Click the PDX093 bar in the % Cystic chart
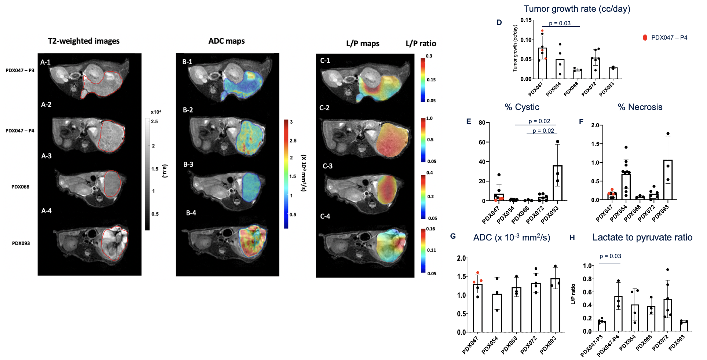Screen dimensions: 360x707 [557, 183]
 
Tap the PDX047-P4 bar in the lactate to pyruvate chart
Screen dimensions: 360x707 [618, 314]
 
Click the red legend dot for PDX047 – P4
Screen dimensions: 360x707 [645, 37]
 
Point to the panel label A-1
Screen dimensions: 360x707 [45, 62]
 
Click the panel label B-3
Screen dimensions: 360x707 [188, 165]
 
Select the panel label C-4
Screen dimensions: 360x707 [325, 216]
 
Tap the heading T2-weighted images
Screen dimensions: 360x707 [84, 41]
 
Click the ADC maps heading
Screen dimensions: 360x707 [226, 41]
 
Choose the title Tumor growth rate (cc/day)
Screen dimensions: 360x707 [577, 9]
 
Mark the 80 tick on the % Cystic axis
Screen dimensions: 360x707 [482, 123]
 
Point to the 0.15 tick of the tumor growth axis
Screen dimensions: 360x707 [526, 20]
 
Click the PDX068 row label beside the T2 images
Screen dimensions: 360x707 [20, 187]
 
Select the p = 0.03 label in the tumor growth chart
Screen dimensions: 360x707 [560, 23]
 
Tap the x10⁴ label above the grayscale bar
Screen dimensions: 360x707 [156, 112]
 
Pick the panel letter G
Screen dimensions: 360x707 [453, 236]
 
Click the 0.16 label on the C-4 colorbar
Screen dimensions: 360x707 [431, 229]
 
